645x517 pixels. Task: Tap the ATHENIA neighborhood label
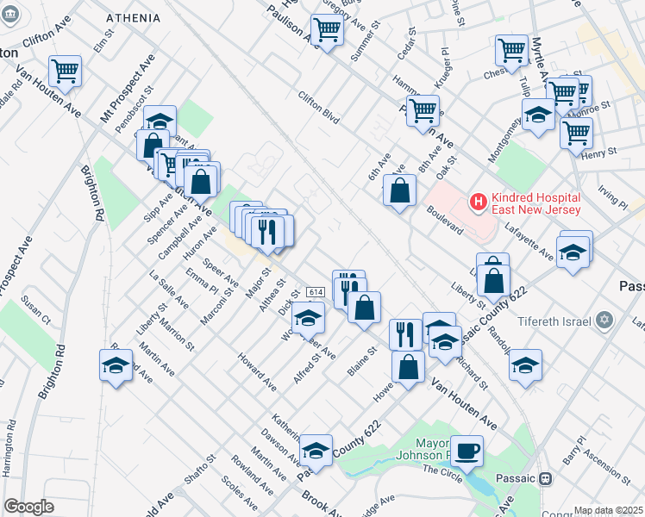pyautogui.click(x=133, y=17)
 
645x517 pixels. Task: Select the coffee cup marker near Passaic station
pyautogui.click(x=467, y=451)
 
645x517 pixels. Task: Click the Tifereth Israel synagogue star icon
pyautogui.click(x=604, y=321)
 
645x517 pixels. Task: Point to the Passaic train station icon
pyautogui.click(x=545, y=479)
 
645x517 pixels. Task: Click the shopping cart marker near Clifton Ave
pyautogui.click(x=65, y=72)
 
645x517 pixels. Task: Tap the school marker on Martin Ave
pyautogui.click(x=116, y=365)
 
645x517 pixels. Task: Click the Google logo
pyautogui.click(x=28, y=507)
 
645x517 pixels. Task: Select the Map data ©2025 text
pyautogui.click(x=608, y=510)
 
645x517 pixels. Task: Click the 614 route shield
pyautogui.click(x=315, y=293)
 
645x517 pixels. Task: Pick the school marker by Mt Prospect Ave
pyautogui.click(x=160, y=121)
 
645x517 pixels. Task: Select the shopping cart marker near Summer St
pyautogui.click(x=328, y=30)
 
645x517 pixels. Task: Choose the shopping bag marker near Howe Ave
pyautogui.click(x=408, y=366)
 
